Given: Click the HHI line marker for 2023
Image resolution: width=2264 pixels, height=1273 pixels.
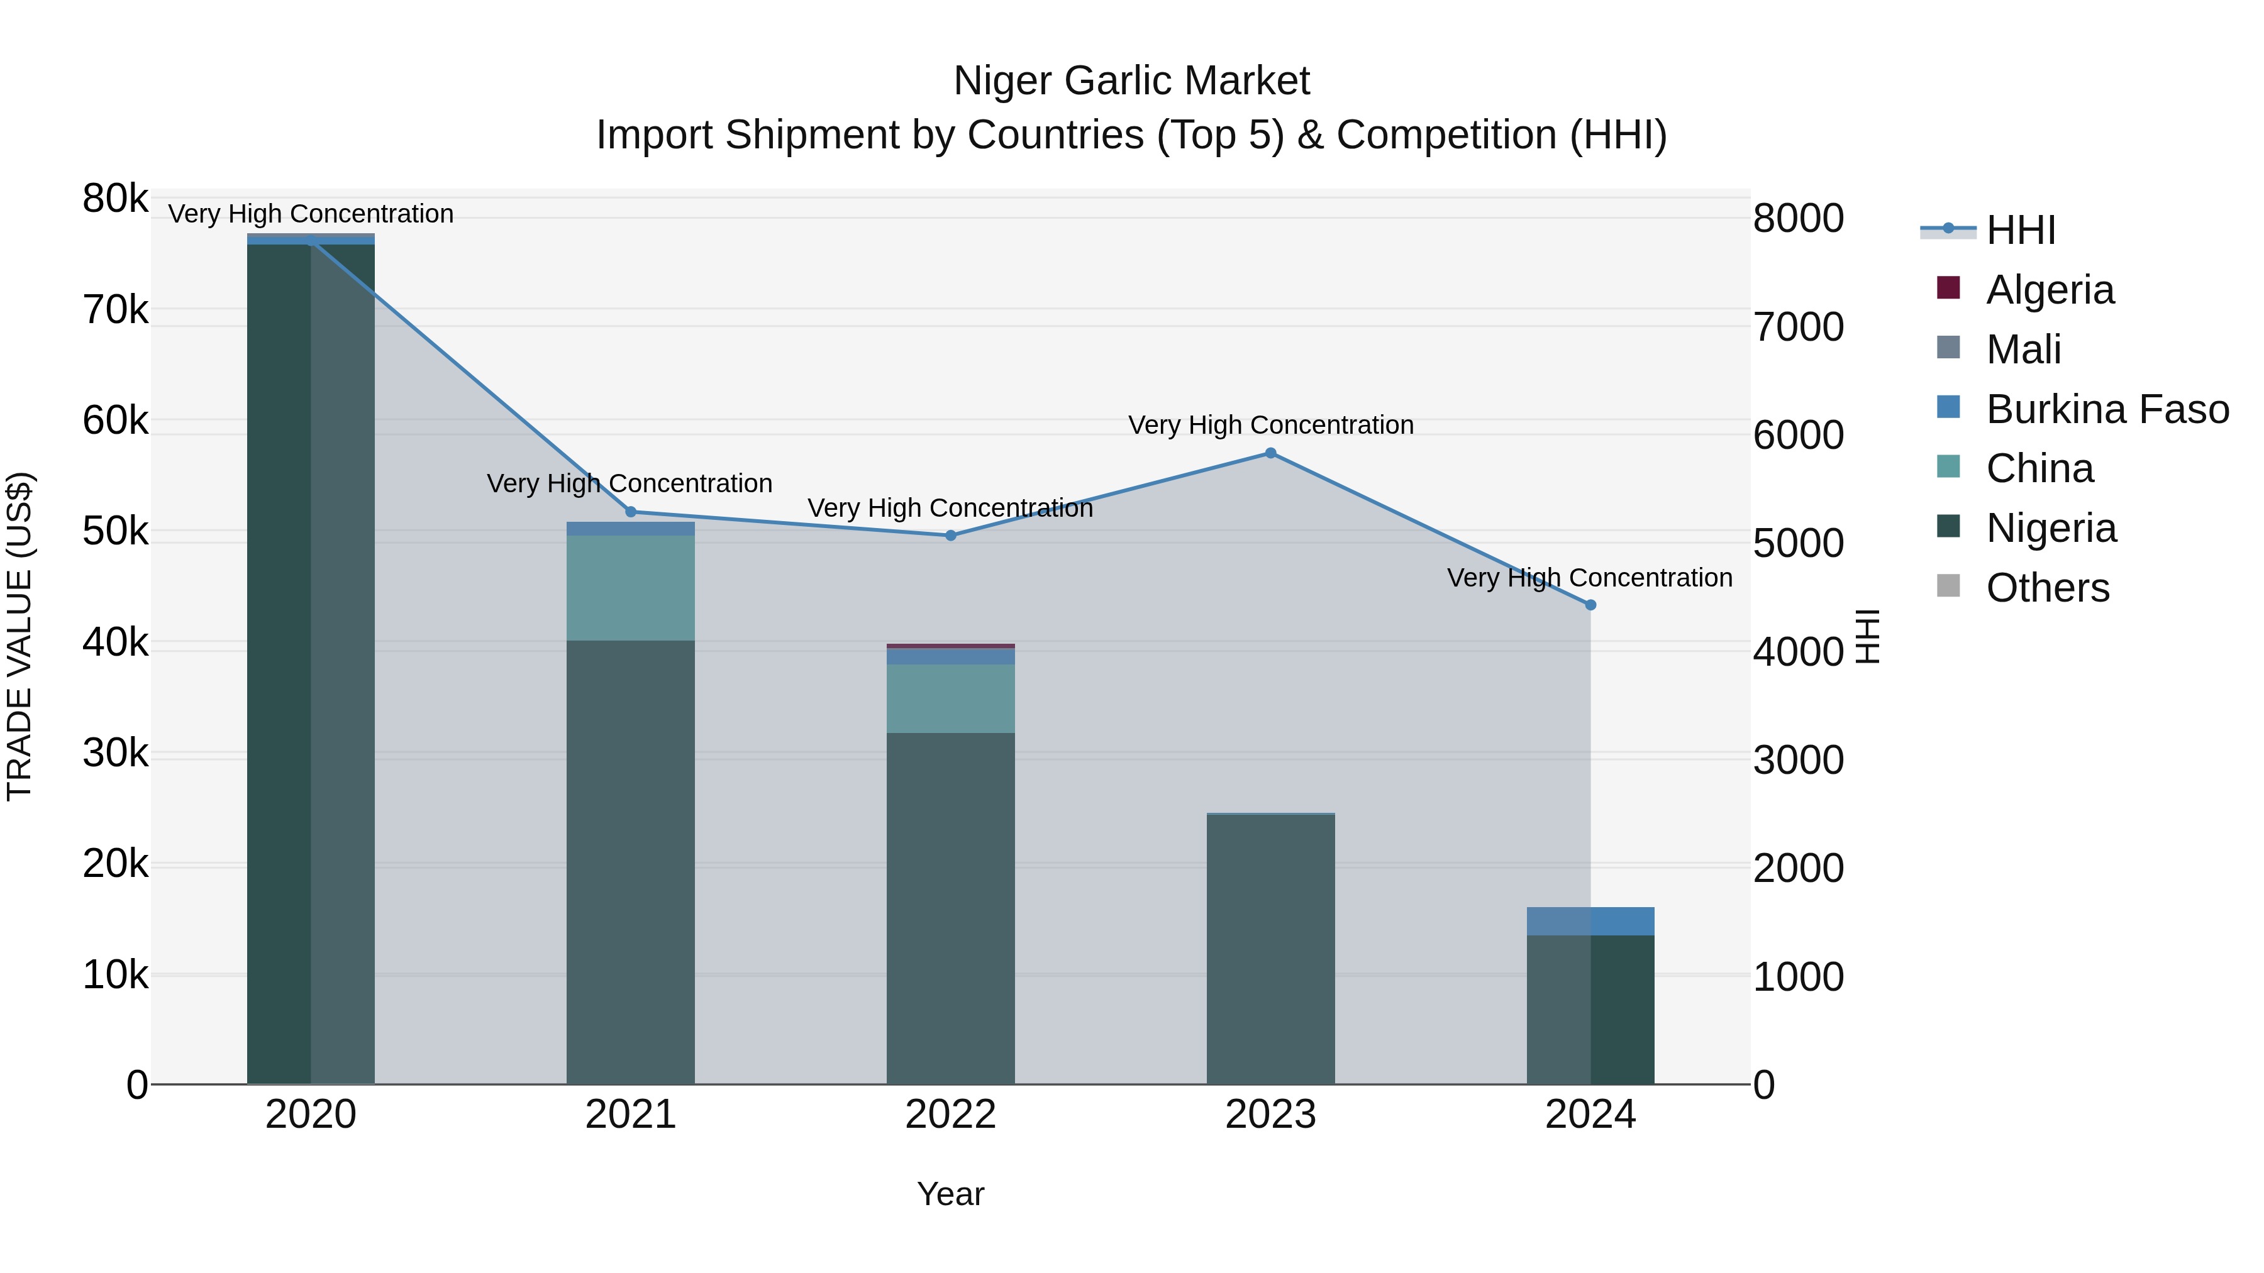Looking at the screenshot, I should click(1270, 453).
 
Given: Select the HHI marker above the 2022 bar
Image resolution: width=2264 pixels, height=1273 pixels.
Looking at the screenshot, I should click(950, 535).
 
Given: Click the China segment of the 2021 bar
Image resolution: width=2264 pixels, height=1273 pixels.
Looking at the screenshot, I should click(630, 588).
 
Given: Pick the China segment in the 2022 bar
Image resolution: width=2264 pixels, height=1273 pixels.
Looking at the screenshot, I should click(950, 698).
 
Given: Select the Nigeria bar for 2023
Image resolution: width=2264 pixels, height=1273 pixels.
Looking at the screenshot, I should click(1270, 949).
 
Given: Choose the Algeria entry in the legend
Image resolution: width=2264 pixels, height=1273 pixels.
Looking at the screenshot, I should click(2049, 290).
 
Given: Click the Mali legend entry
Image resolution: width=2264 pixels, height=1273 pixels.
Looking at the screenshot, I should click(2023, 350).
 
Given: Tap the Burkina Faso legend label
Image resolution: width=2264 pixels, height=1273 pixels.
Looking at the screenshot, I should click(2107, 409).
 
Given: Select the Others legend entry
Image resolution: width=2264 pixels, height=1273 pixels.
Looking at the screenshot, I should click(2047, 588).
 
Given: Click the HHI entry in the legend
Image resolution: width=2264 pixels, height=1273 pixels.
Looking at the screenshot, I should click(2019, 230).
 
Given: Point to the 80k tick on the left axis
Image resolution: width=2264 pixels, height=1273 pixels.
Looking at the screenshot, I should click(115, 199).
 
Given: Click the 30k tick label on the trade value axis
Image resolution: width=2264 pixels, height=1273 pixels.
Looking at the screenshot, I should click(115, 754).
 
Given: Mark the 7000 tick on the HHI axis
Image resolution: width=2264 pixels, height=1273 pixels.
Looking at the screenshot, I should click(1798, 327).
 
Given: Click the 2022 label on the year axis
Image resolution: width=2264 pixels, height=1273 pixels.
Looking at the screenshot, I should click(950, 1115).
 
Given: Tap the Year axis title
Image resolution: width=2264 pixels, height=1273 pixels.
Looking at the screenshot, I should click(950, 1194).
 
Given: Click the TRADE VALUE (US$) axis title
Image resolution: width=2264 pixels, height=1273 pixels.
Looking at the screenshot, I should click(19, 636).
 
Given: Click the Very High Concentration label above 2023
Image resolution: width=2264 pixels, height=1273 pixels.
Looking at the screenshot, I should click(1270, 425).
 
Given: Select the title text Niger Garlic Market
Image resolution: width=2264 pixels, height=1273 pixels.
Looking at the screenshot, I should click(1131, 81).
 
